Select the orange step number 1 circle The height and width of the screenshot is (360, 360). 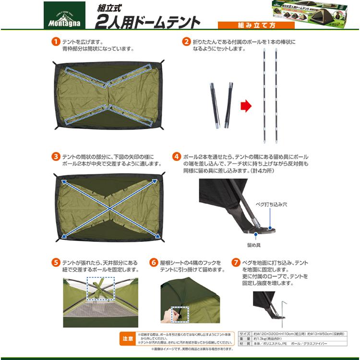coord(56,42)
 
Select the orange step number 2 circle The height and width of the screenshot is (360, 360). coord(186,42)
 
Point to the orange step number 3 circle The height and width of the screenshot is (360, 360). coord(56,157)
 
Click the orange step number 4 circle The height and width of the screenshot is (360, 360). coord(177,157)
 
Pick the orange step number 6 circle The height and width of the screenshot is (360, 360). coord(154,263)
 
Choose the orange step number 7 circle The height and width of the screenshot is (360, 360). coord(236,263)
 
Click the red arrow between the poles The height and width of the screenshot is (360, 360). coord(246,106)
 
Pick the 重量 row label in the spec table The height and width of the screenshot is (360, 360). coord(245,338)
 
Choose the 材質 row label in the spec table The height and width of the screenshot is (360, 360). coord(245,344)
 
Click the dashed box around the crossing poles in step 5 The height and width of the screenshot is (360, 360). coord(100,290)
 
